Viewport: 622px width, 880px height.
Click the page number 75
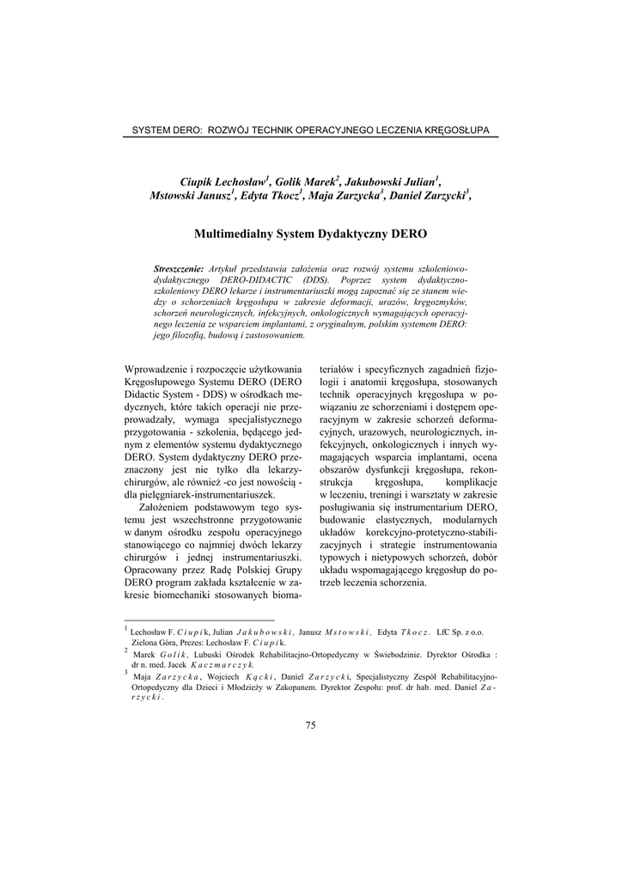tap(311, 725)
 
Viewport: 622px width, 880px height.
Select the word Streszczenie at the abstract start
tap(179, 270)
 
